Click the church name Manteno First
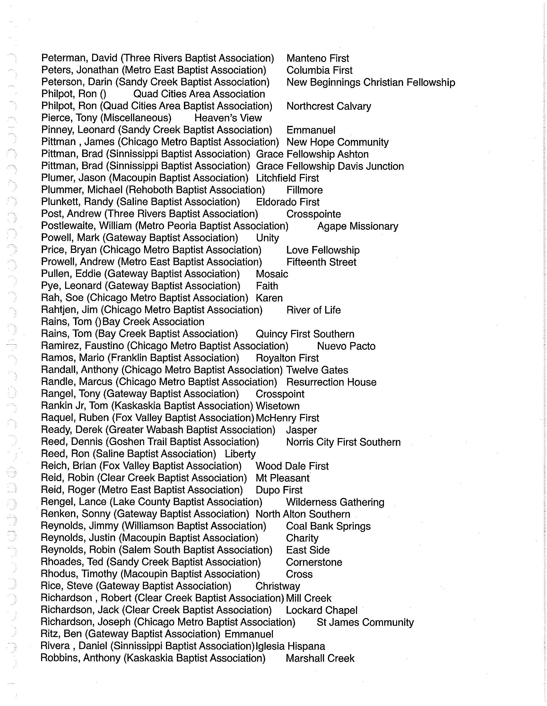317,58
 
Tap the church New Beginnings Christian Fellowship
370,82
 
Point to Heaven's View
228,118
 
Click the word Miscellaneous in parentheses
136,118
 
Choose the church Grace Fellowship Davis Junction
330,166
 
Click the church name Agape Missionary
358,226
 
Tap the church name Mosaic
272,274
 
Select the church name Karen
269,298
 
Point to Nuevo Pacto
346,346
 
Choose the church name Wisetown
277,406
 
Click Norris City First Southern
343,442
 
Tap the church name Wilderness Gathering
335,502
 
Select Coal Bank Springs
328,526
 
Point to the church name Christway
277,586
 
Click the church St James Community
365,622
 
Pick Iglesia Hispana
290,646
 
